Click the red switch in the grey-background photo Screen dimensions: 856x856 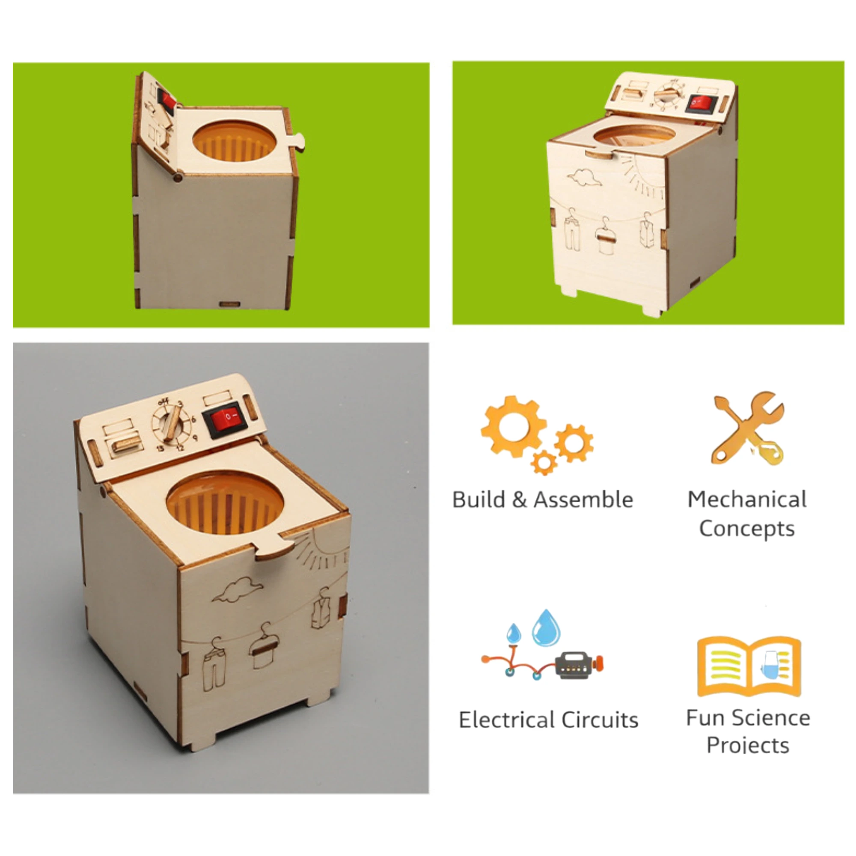[x=225, y=417]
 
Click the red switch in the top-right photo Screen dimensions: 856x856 [x=700, y=103]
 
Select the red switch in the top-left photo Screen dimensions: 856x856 [x=167, y=101]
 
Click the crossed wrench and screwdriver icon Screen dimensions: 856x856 [x=747, y=428]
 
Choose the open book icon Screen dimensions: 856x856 [x=749, y=666]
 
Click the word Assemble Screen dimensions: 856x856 [x=583, y=500]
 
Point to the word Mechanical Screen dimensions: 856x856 [x=747, y=499]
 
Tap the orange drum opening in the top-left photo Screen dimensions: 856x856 [x=235, y=141]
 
